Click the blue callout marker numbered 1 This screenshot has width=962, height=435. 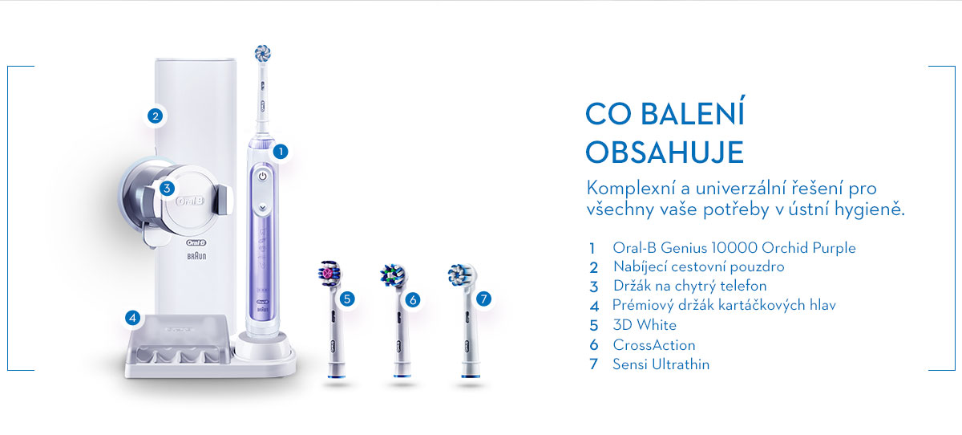281,152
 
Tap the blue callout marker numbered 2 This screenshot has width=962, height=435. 155,116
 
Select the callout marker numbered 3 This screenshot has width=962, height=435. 167,188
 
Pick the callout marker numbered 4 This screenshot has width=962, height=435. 132,318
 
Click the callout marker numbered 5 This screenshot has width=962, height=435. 347,299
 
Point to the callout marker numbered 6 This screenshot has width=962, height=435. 413,299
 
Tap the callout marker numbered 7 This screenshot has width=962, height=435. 483,299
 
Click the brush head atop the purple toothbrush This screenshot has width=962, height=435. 262,53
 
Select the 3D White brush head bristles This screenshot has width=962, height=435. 329,273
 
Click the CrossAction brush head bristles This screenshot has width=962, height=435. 394,275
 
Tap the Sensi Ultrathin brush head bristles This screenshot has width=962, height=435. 461,274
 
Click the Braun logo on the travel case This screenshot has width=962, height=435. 196,256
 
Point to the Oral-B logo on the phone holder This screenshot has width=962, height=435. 190,201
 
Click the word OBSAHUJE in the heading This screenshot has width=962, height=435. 665,152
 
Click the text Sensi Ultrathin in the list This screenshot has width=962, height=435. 661,364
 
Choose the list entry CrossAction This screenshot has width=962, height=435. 654,345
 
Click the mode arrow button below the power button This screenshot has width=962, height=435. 262,208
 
